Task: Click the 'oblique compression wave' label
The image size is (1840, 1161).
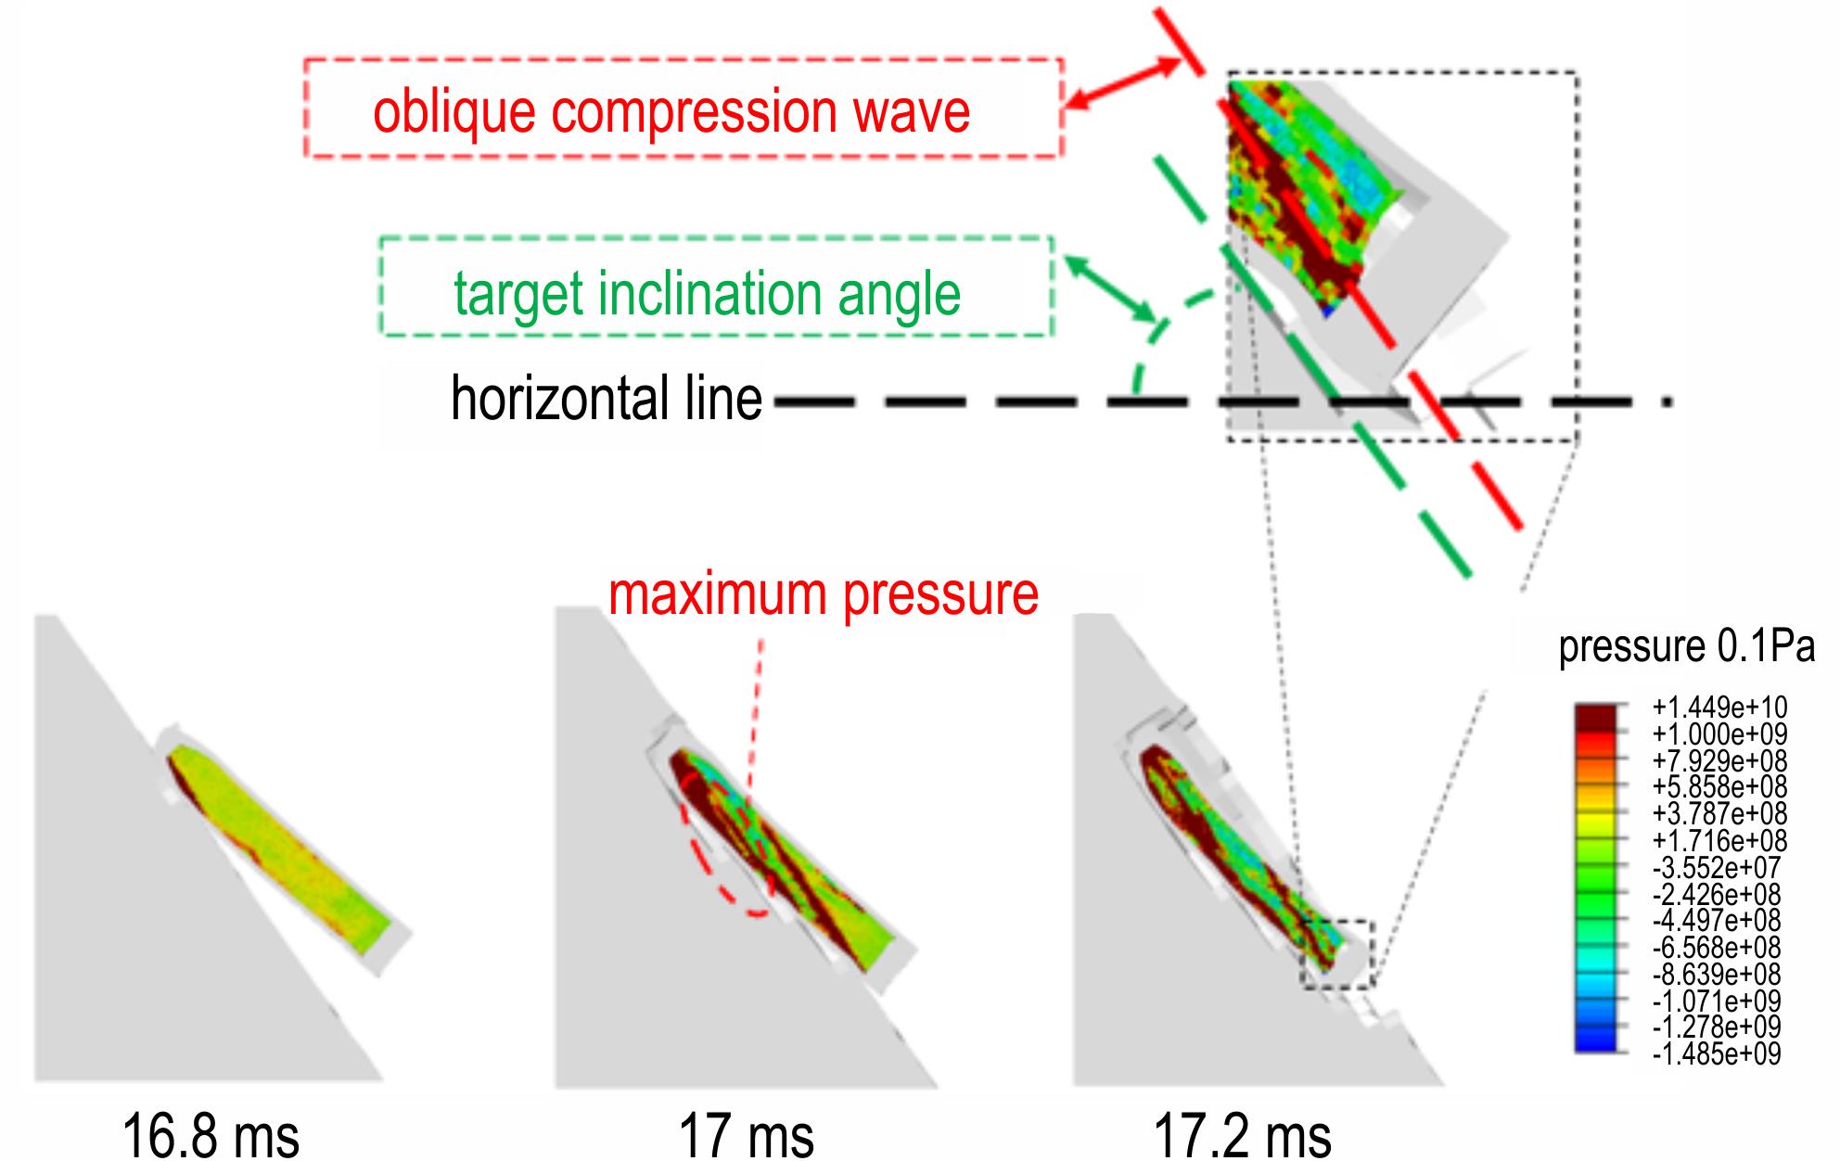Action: pyautogui.click(x=671, y=111)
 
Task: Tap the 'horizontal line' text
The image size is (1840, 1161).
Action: pyautogui.click(x=607, y=399)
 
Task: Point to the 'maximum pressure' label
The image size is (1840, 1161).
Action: pyautogui.click(x=824, y=593)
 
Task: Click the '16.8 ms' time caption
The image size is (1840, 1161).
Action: pyautogui.click(x=211, y=1134)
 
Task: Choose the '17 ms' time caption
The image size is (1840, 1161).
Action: pyautogui.click(x=747, y=1134)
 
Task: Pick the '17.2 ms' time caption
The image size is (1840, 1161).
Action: pyautogui.click(x=1243, y=1134)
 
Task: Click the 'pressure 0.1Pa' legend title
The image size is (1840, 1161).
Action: pyautogui.click(x=1686, y=646)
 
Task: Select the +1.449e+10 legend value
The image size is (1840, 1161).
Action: pyautogui.click(x=1719, y=708)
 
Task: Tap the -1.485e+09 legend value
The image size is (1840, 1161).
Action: pyautogui.click(x=1717, y=1054)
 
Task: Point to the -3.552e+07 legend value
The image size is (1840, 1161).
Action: pyautogui.click(x=1718, y=868)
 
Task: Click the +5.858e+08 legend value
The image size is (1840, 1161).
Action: pyautogui.click(x=1719, y=787)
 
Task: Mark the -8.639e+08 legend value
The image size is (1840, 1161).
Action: pyautogui.click(x=1718, y=975)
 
